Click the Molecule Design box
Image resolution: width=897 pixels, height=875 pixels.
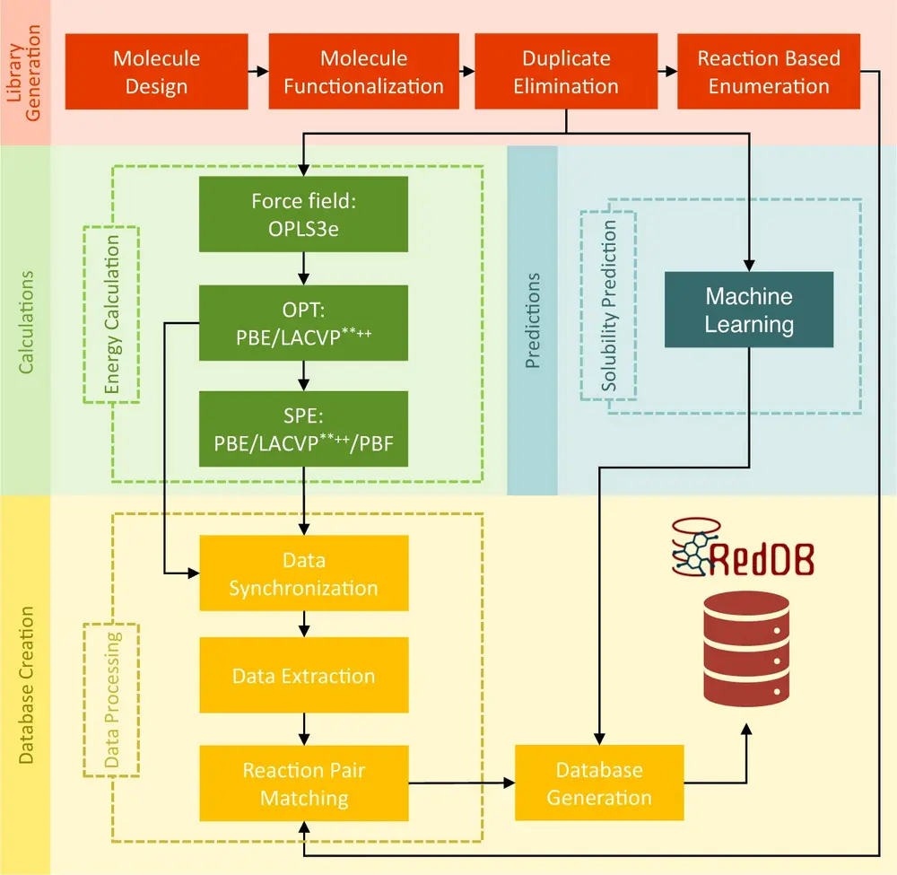157,72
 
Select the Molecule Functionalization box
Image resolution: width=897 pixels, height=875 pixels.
363,72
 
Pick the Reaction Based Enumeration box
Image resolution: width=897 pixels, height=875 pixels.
769,72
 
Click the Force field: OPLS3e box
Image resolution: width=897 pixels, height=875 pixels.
303,214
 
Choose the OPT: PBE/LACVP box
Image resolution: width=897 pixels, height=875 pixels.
303,323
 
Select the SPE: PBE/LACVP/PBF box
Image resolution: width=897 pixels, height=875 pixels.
303,429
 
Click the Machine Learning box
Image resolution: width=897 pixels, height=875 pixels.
749,310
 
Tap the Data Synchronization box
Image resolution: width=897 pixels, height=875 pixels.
303,574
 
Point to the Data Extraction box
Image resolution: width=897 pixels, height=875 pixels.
303,676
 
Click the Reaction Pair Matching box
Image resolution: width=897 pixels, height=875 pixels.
303,783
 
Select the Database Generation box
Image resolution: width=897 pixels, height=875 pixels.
599,783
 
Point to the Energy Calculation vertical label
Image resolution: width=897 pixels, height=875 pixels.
112,314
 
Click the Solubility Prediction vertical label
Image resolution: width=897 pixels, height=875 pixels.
609,305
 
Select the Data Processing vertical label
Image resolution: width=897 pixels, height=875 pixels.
112,700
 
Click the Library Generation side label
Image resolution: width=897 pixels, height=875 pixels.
25,72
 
